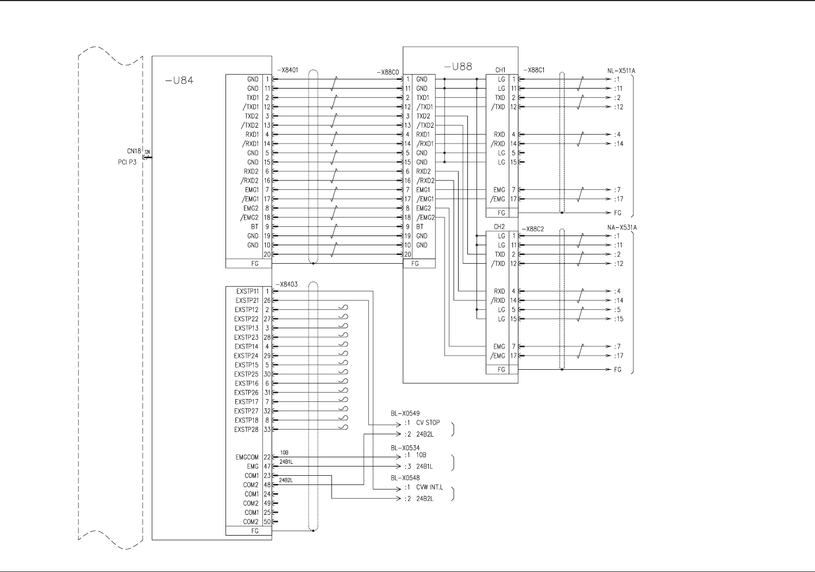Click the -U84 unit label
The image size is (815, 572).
(179, 81)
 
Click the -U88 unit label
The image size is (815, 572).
(458, 67)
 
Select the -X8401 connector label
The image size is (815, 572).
(287, 70)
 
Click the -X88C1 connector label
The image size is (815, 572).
(534, 70)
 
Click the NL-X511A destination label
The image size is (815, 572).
(621, 71)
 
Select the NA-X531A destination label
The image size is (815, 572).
(622, 228)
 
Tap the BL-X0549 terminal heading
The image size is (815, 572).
(405, 414)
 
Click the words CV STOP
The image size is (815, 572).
(428, 422)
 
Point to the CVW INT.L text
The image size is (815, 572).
(429, 487)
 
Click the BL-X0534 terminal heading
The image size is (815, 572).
(405, 448)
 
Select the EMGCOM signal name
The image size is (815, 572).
(247, 457)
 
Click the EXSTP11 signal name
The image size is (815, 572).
(247, 291)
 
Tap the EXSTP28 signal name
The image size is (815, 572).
(246, 430)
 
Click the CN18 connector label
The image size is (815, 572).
(134, 151)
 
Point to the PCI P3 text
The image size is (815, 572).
(127, 162)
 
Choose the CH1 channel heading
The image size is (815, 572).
(500, 70)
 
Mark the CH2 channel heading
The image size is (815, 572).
(499, 227)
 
